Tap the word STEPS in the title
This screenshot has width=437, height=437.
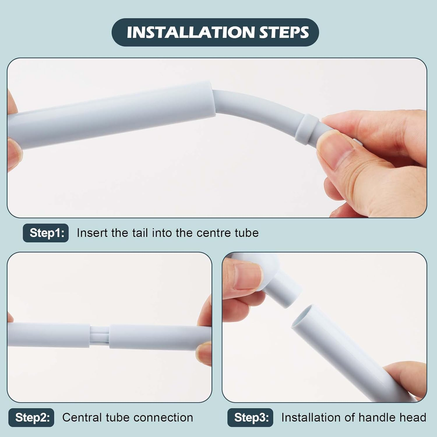pyautogui.click(x=284, y=32)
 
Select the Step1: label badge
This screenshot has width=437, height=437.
pyautogui.click(x=46, y=233)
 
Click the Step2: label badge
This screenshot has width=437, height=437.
pyautogui.click(x=31, y=417)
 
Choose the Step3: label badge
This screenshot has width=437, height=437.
pyautogui.click(x=250, y=417)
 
